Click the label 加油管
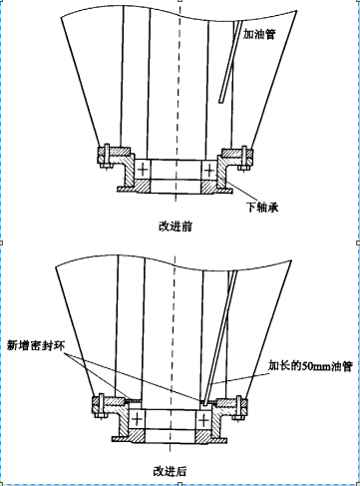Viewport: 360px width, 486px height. tap(259, 34)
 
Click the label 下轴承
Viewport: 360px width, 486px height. tap(262, 207)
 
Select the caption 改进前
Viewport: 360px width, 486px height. tap(176, 227)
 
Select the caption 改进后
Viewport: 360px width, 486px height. tap(170, 471)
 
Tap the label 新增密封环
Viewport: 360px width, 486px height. tap(36, 345)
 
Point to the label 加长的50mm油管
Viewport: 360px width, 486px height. tap(310, 366)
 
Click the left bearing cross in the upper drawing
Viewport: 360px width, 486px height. tap(143, 170)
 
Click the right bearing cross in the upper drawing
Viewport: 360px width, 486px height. tap(208, 171)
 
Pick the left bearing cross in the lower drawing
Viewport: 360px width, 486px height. tap(137, 420)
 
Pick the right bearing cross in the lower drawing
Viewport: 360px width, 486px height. tap(203, 420)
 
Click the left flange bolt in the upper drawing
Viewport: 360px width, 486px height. tap(107, 157)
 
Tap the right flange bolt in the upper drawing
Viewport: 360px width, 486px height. tap(244, 159)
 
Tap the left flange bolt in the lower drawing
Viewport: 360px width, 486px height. tap(101, 406)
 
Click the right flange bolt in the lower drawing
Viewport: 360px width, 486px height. tap(238, 408)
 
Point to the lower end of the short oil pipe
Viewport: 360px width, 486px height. tap(220, 102)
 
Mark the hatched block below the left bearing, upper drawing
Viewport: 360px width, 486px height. tap(143, 186)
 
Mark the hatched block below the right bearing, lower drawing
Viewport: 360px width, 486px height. tap(203, 436)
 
